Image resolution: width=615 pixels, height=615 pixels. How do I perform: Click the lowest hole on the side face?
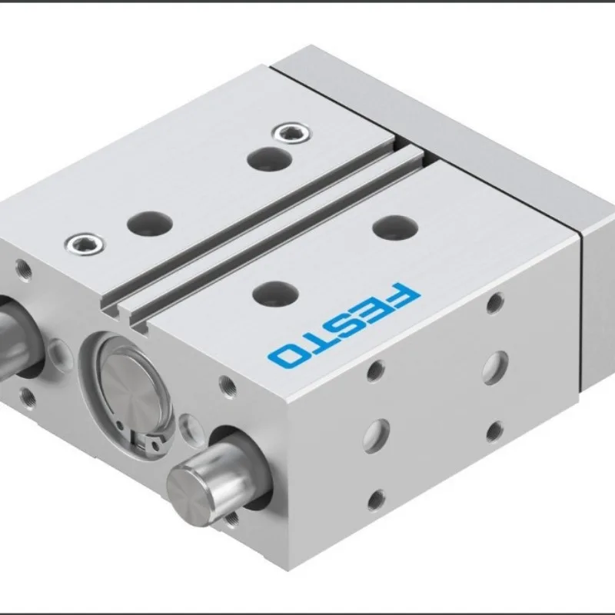click(376, 500)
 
